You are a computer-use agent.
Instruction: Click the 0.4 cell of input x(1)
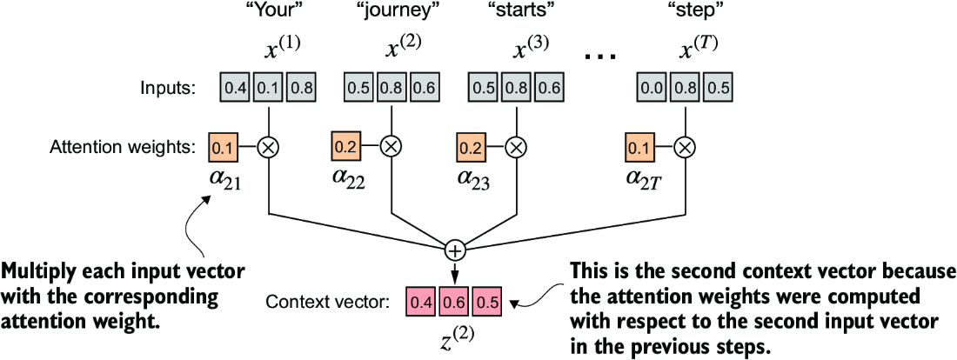(235, 88)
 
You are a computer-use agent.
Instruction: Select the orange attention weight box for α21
(223, 147)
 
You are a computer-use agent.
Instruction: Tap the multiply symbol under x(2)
(391, 147)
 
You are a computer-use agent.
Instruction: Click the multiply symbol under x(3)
(516, 147)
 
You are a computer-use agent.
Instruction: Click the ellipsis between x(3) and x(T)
(599, 56)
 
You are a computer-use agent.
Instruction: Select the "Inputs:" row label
(170, 88)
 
